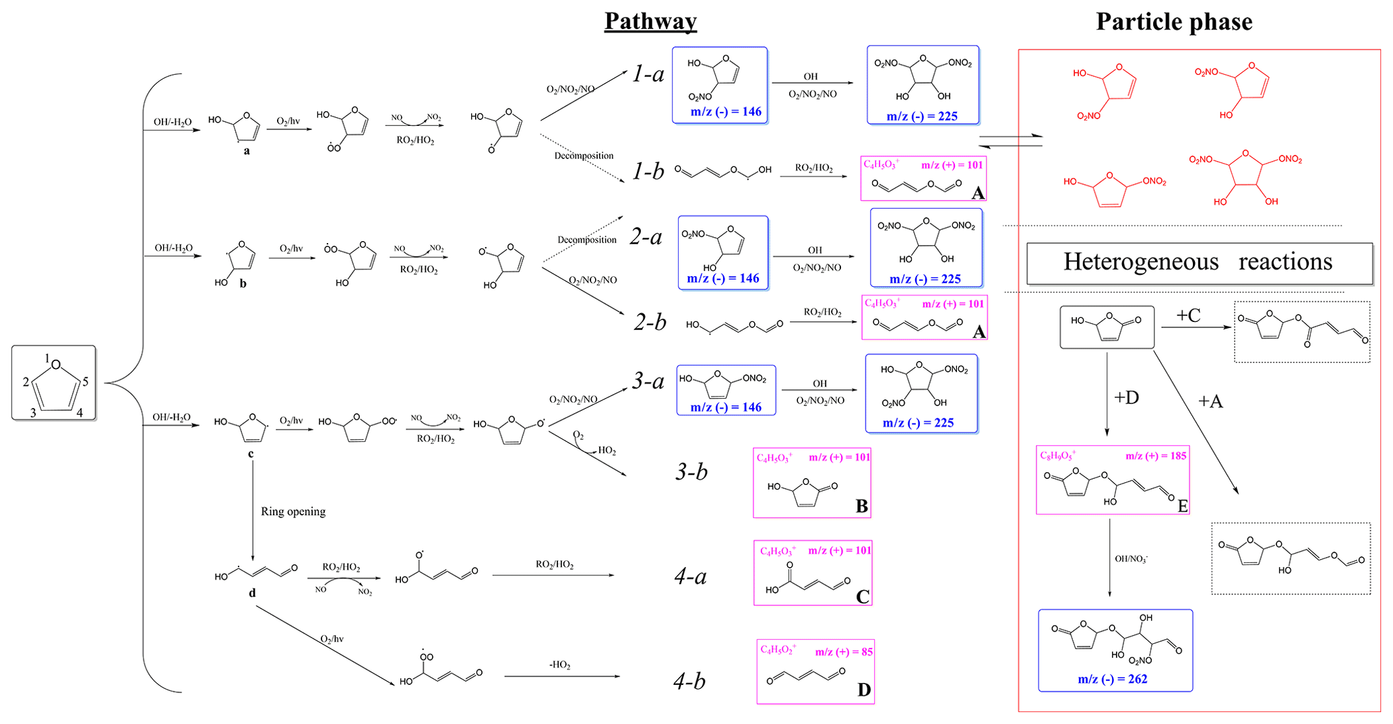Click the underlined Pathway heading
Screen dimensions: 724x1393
tap(650, 21)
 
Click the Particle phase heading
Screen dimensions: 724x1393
tap(1173, 22)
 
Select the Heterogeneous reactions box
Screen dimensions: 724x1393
tap(1198, 262)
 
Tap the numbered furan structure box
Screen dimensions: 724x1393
tap(54, 383)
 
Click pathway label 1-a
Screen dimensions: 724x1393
tap(648, 74)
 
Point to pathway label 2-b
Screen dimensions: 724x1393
tap(650, 322)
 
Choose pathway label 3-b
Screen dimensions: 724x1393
tap(691, 471)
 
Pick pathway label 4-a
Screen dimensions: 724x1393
tap(690, 576)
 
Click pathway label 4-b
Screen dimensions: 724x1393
tap(689, 681)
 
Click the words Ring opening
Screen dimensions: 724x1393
tap(293, 512)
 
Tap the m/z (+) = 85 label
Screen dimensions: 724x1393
tap(843, 652)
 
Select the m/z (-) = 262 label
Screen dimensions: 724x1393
tap(1112, 679)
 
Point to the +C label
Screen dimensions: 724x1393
tap(1188, 315)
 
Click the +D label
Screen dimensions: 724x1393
tap(1126, 397)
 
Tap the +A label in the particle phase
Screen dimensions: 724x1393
tap(1210, 401)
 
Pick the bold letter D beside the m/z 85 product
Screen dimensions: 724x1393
tap(863, 690)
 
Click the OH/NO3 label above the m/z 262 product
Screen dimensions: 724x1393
tap(1131, 559)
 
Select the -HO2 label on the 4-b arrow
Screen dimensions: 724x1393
tap(559, 665)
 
